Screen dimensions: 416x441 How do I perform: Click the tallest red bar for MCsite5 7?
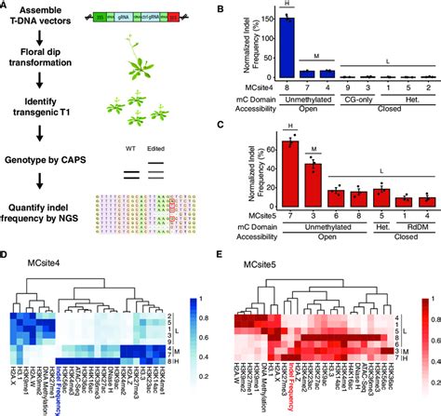[292, 164]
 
